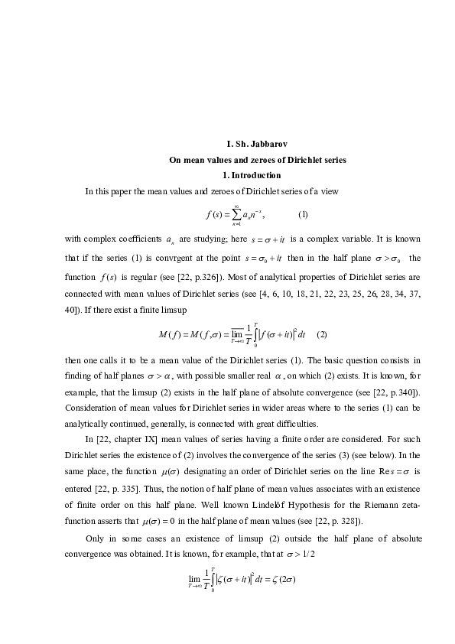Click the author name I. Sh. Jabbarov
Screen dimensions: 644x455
[258, 145]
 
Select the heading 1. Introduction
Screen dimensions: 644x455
[258, 175]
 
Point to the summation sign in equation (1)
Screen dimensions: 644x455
[237, 213]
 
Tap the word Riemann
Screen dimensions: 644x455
[379, 506]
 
